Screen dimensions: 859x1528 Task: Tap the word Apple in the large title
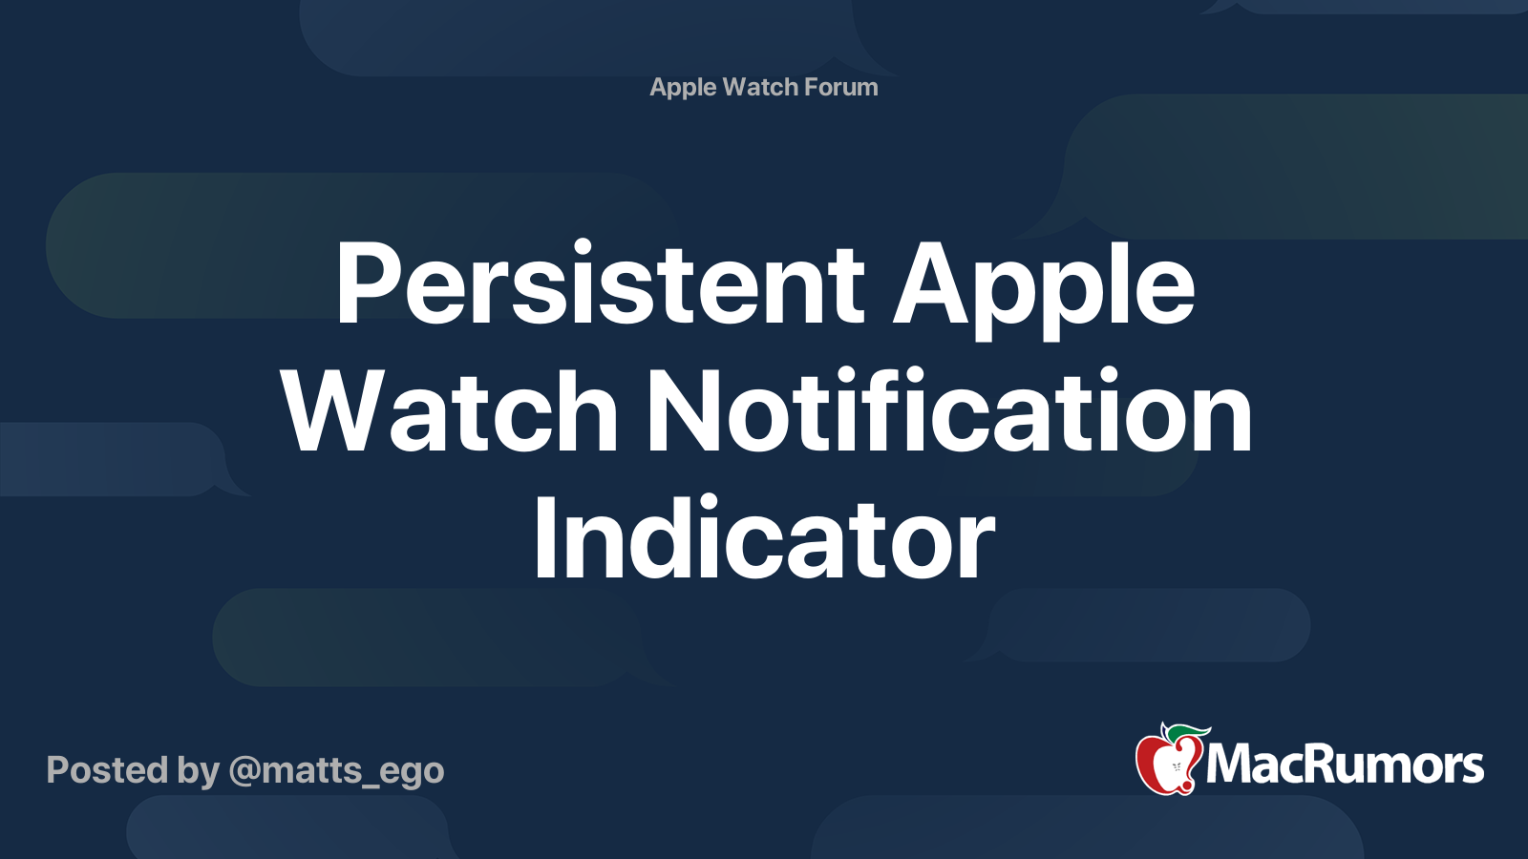coord(1043,284)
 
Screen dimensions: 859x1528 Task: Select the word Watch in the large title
coord(450,412)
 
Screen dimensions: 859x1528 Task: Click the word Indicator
coord(764,540)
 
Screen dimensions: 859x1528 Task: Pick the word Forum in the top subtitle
coord(840,87)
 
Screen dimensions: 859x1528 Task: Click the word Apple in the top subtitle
coord(683,88)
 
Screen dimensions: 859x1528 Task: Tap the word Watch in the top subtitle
coord(760,87)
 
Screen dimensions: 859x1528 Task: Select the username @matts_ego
coord(336,770)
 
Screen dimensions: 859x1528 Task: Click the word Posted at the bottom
coord(107,770)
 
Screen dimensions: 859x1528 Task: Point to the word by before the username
coord(198,771)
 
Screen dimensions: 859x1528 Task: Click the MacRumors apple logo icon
coord(1167,762)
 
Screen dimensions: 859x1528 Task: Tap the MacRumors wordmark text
coord(1345,765)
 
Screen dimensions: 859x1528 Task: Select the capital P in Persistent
coord(367,284)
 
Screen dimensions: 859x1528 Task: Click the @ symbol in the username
coord(244,770)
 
